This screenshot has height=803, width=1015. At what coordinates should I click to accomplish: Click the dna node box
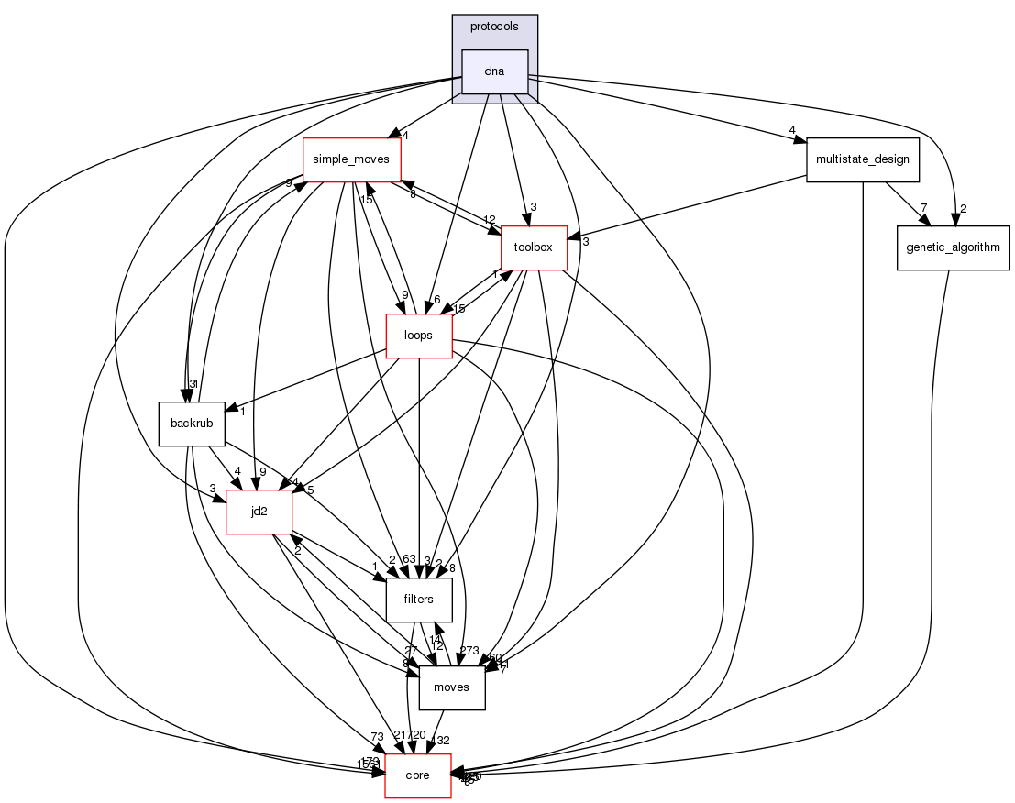pos(495,71)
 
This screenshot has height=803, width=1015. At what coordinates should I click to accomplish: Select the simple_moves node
pos(352,159)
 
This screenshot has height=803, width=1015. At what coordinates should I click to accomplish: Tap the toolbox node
pos(534,247)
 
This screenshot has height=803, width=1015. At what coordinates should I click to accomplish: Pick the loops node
pos(418,335)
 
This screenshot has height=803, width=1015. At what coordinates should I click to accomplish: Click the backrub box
pos(192,423)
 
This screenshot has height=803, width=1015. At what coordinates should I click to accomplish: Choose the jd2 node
pos(259,511)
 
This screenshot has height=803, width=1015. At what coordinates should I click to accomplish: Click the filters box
pos(419,599)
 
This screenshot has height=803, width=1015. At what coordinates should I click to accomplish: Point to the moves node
pos(451,687)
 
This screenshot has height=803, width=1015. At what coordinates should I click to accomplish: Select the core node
pos(417,775)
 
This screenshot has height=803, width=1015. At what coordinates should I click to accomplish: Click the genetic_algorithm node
pos(953,247)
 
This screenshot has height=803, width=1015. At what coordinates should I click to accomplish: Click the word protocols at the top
pos(494,27)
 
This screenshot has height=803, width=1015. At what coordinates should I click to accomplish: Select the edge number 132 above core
pos(442,741)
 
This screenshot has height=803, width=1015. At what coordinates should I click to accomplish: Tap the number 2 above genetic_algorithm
pos(964,208)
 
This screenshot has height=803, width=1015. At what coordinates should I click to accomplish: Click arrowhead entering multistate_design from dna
pos(800,140)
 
